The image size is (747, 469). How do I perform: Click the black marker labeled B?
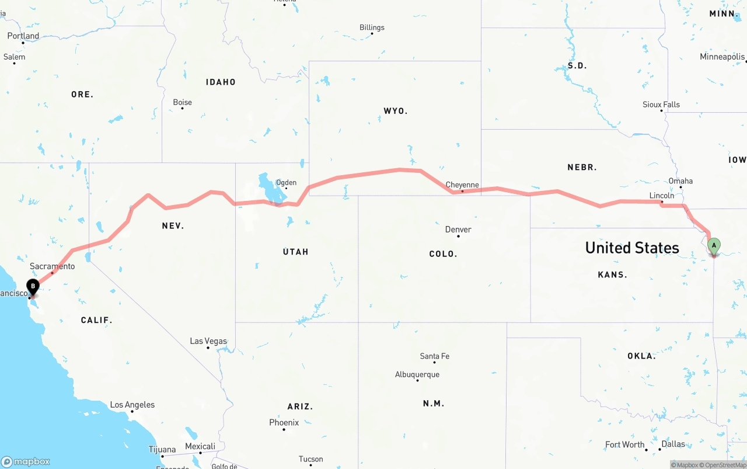point(33,286)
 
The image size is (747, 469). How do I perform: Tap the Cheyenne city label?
point(462,185)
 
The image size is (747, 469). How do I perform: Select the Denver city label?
point(458,230)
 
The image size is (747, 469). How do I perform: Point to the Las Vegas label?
point(208,341)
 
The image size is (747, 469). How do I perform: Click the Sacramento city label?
point(53,266)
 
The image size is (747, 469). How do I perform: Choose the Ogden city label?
point(286,183)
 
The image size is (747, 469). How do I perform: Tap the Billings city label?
point(372,27)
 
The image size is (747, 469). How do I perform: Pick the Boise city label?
point(182,102)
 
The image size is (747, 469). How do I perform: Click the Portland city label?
point(23,36)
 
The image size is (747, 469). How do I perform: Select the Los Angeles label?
point(132,405)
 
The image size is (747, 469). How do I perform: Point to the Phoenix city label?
point(284,422)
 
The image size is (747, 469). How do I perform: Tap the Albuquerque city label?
point(417,374)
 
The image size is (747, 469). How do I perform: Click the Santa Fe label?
point(434,356)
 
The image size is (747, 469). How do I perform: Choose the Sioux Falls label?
point(661,105)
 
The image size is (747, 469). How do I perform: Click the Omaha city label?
point(680,181)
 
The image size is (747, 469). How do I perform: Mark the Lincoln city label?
point(661,196)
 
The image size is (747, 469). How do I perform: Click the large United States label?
point(632,248)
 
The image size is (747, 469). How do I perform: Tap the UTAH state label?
point(295,252)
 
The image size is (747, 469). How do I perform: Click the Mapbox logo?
point(26,461)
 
